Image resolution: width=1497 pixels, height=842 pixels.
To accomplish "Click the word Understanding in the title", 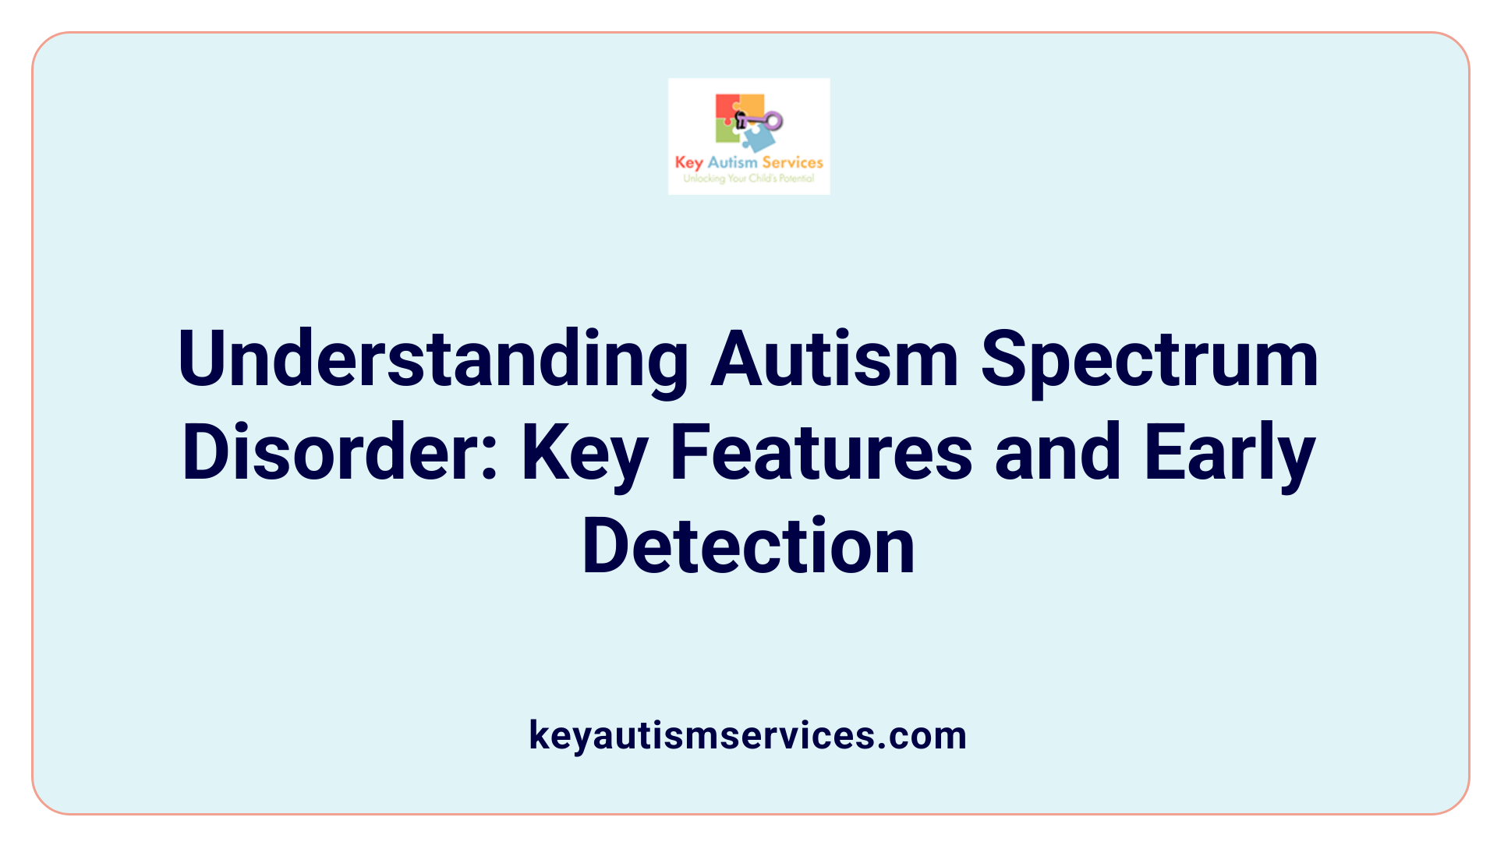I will coord(433,360).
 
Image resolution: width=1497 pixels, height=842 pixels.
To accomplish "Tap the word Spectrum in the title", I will coord(1149,360).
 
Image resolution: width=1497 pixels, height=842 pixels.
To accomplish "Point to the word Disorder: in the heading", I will coord(340,452).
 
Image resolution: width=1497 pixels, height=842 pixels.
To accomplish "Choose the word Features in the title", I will coord(821,452).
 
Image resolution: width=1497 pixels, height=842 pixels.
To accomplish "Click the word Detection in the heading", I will coord(748,546).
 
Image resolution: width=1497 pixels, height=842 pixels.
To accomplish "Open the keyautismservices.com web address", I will coord(748,735).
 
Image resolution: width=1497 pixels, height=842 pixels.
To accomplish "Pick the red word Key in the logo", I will coord(688,163).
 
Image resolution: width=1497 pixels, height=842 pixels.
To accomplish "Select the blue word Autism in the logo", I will coord(732,162).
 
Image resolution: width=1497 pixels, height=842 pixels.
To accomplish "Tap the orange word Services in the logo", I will coord(792,162).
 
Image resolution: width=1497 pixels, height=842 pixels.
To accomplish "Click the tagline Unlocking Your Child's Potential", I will coord(748,179).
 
